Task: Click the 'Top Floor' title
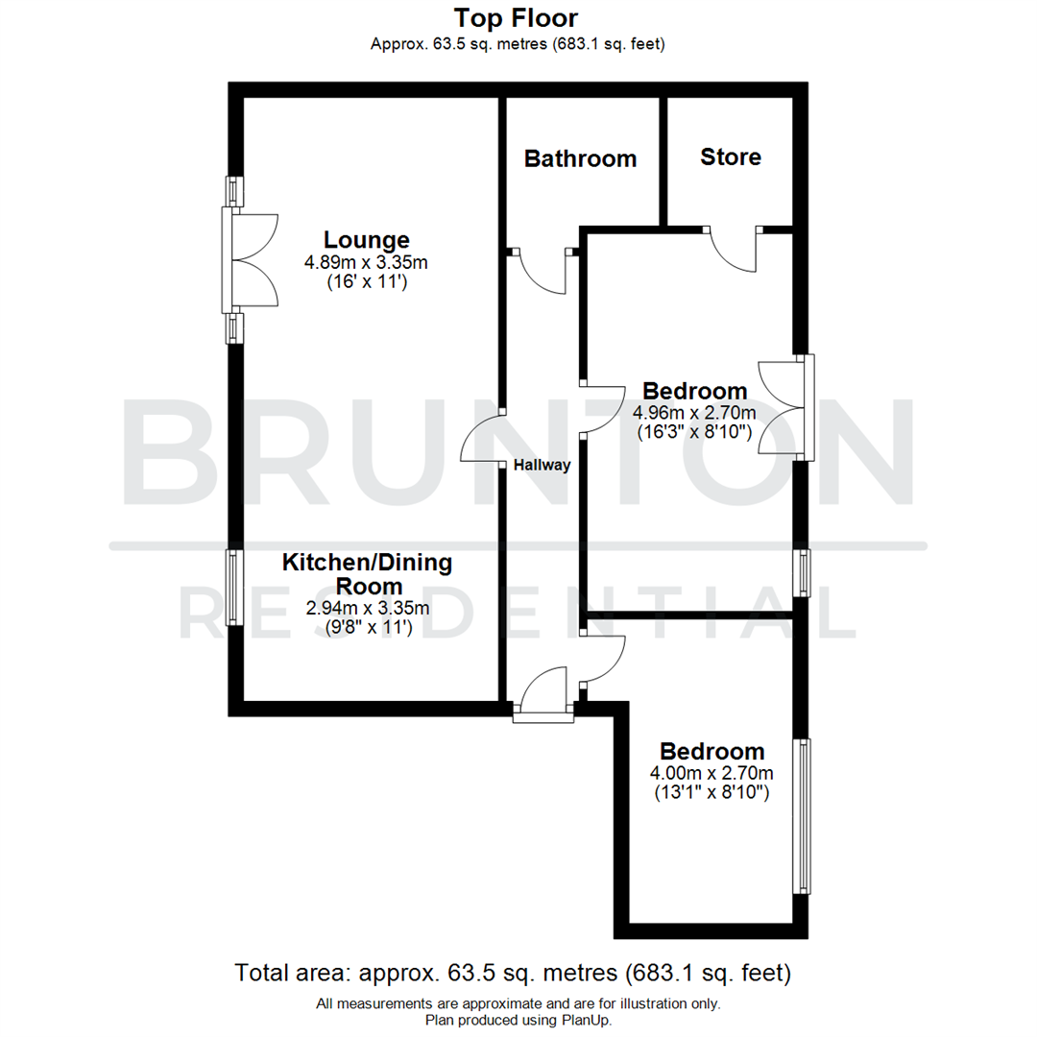click(517, 18)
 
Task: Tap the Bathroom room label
click(580, 158)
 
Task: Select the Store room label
click(731, 157)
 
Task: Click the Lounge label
click(367, 240)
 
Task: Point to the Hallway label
click(542, 466)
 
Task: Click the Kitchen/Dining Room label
click(367, 573)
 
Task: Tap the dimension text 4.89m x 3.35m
click(366, 261)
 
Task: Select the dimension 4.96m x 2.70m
click(694, 413)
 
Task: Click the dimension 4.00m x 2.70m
click(711, 773)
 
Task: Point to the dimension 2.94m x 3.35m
click(367, 608)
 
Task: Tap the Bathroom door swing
click(544, 274)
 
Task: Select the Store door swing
click(734, 251)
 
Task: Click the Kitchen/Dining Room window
click(232, 587)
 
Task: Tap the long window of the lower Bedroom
click(801, 816)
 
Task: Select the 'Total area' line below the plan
click(514, 973)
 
